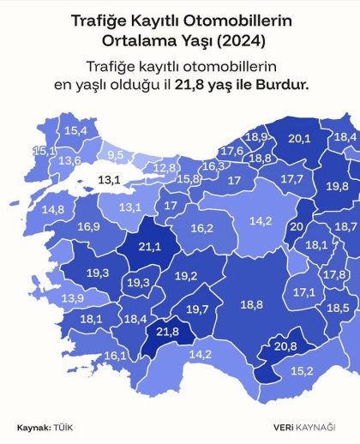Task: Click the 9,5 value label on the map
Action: (115, 155)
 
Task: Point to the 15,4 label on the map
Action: (76, 130)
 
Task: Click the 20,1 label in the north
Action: (298, 138)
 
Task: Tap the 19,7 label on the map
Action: (197, 309)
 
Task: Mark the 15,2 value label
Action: (302, 370)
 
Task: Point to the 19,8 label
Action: (337, 186)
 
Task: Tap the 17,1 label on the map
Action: (304, 291)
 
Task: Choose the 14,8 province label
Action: (52, 209)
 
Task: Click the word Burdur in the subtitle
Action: (281, 85)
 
